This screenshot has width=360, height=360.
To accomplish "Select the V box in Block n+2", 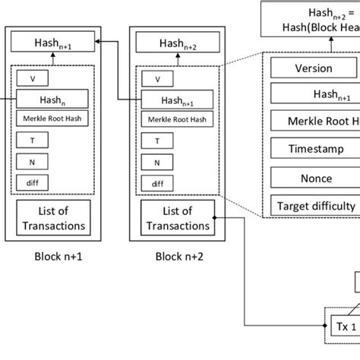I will (x=156, y=78).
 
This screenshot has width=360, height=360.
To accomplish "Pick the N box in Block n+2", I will (x=156, y=162).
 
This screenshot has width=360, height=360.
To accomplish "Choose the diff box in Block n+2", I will (x=156, y=183).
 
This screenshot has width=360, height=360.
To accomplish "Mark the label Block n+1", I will (x=51, y=256).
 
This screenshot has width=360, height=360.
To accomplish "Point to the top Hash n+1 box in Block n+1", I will (x=52, y=45).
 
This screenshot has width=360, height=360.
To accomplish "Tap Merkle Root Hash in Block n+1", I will (x=52, y=118).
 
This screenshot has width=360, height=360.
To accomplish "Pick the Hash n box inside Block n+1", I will (x=52, y=98).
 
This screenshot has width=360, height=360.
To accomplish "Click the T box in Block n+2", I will (x=156, y=141).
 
